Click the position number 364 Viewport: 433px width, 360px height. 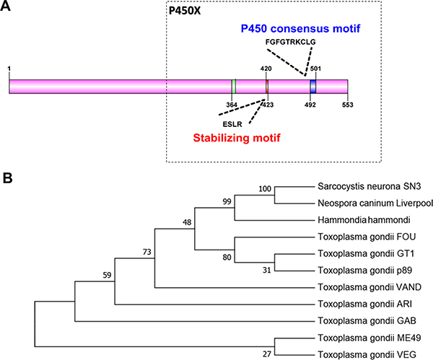[232, 105]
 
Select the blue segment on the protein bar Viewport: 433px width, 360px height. [313, 87]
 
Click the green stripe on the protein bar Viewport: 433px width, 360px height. [233, 87]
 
